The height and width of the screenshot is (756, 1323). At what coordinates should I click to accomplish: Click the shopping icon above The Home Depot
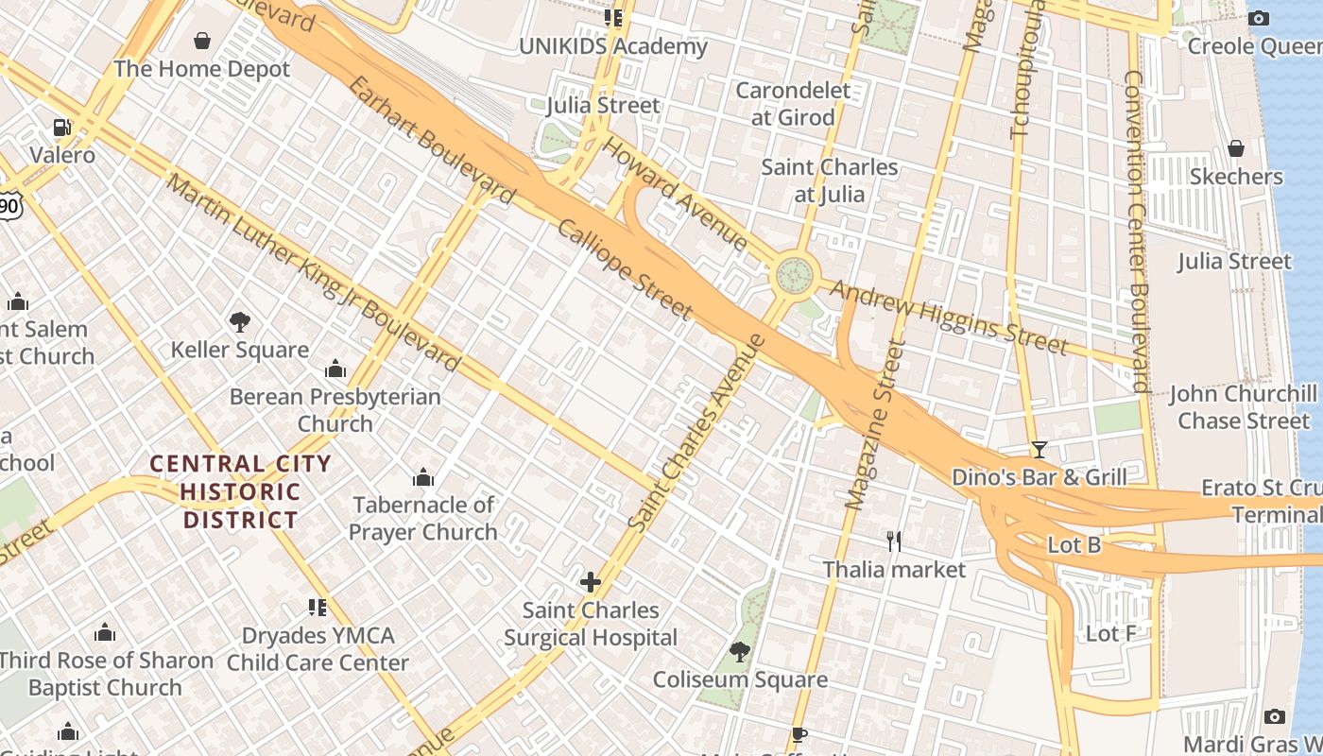(201, 41)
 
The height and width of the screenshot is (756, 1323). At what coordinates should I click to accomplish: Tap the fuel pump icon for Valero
(62, 127)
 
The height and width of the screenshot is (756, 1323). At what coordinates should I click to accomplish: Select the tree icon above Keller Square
(240, 322)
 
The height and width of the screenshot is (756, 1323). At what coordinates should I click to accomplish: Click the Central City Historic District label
(241, 491)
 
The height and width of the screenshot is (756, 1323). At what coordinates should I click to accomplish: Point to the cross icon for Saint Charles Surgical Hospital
(591, 581)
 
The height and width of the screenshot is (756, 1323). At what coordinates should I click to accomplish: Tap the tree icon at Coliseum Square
(740, 651)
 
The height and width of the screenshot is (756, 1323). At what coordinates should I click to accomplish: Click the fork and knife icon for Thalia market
(894, 541)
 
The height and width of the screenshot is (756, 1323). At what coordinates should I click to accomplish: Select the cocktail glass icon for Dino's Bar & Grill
(1039, 449)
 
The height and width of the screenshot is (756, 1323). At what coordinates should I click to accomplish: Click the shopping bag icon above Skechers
(1235, 148)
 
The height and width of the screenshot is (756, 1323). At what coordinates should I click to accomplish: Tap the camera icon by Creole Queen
(1258, 18)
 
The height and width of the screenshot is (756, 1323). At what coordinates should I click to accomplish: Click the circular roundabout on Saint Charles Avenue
(795, 276)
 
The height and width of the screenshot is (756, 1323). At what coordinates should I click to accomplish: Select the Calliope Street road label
(625, 268)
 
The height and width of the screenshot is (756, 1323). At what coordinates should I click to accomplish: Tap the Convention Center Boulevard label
(1136, 231)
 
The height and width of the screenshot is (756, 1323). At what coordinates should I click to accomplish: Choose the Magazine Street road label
(869, 425)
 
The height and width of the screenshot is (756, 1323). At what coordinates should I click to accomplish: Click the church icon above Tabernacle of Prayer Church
(423, 477)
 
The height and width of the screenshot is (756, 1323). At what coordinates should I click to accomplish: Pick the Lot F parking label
(1110, 633)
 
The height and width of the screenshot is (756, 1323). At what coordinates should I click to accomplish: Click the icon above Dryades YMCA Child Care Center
(318, 607)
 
